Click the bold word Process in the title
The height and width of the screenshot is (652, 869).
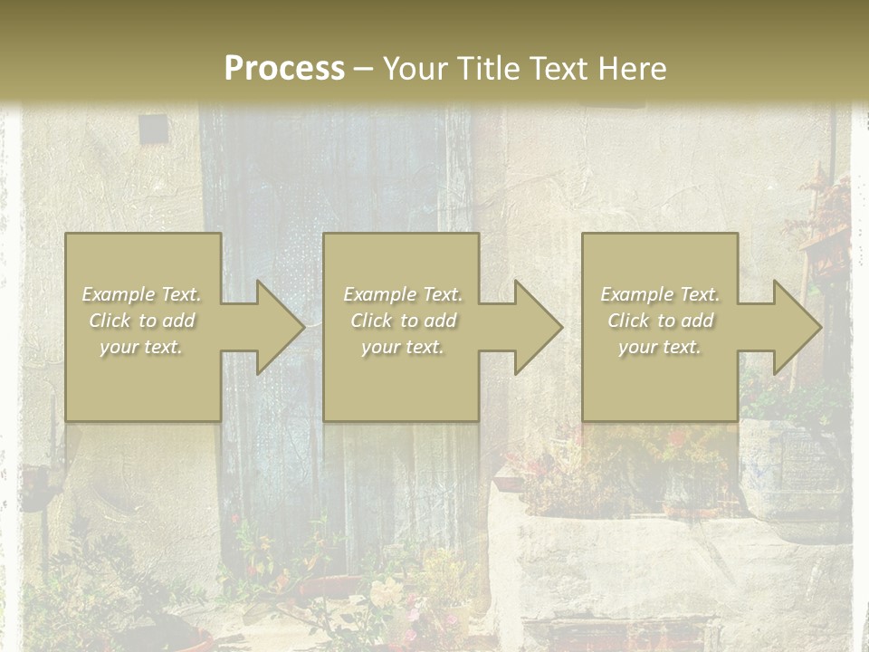(x=284, y=69)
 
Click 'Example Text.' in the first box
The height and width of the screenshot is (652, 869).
(x=142, y=294)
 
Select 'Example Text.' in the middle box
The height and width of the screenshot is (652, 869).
(x=403, y=294)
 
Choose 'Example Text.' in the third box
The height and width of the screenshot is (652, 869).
(x=660, y=294)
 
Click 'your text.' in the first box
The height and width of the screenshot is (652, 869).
(x=142, y=347)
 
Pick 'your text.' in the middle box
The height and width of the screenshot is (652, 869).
(x=403, y=347)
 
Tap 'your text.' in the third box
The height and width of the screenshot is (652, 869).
(x=660, y=347)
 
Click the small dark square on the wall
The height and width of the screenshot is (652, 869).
(x=152, y=129)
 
